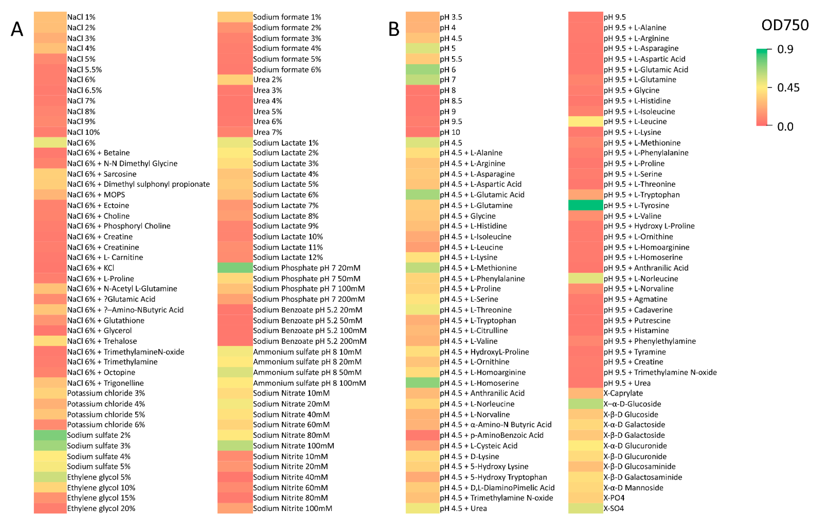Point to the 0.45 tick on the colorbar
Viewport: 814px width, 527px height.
tap(788, 88)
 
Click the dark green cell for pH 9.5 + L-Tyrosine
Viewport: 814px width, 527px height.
tap(585, 205)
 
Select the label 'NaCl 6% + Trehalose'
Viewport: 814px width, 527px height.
tap(102, 341)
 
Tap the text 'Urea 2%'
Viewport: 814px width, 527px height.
tap(267, 80)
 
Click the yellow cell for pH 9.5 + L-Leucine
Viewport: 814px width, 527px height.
tap(585, 122)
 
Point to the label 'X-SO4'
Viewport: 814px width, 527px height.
tap(614, 508)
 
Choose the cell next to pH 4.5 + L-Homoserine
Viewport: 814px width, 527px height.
tap(422, 383)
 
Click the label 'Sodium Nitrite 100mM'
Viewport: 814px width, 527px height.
tap(292, 508)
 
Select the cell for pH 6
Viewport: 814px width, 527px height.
tap(422, 69)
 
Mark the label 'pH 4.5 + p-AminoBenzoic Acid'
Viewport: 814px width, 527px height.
tap(492, 435)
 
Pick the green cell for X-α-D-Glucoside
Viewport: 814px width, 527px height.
tap(585, 404)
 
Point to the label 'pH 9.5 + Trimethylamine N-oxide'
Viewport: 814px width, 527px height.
tap(660, 372)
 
